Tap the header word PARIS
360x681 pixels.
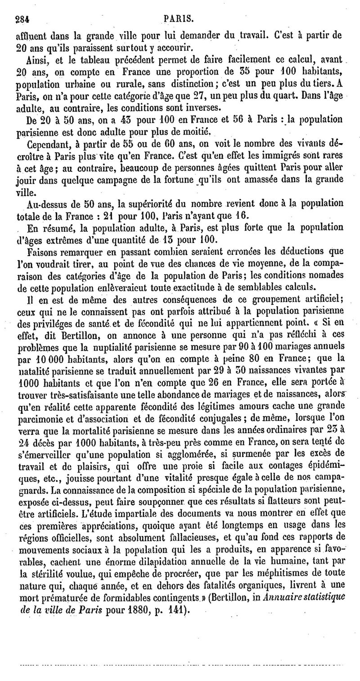pyautogui.click(x=179, y=19)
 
